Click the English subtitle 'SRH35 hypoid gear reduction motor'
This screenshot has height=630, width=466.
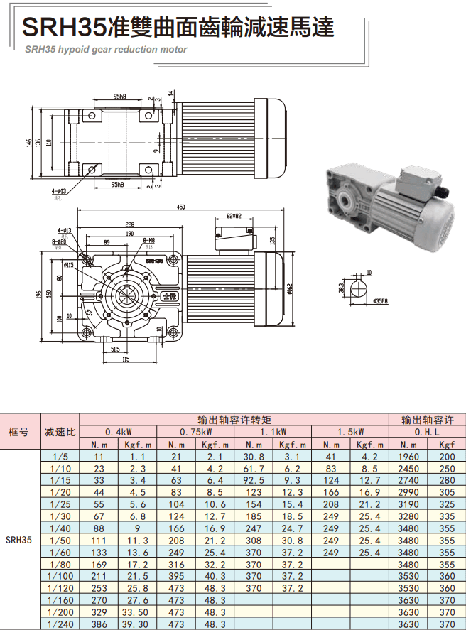point(106,50)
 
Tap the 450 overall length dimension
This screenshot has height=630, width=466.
point(181,207)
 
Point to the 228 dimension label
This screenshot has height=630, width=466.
point(129,224)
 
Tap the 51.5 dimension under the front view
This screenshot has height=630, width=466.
point(115,350)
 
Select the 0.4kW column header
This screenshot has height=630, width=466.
point(118,431)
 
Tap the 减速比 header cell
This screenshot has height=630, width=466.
point(60,431)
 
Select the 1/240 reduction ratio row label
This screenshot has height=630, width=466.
point(60,624)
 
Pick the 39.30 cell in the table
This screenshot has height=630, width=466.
point(136,624)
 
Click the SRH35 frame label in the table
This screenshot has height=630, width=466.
point(19,540)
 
